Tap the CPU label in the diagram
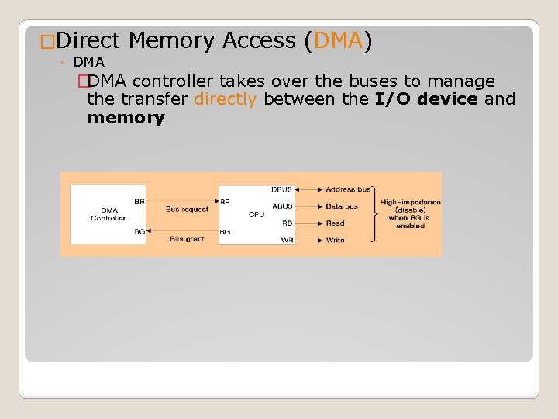(257, 214)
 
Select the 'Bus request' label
(187, 209)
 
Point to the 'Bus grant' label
(187, 239)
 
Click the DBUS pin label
(282, 189)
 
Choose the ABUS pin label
(282, 206)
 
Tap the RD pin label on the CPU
(287, 223)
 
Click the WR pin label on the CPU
(287, 241)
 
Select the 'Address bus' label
(348, 189)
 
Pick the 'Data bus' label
(342, 206)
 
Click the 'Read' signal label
(335, 223)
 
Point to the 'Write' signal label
(335, 241)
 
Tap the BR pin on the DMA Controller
(139, 202)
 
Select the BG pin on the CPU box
(225, 231)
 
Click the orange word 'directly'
(225, 99)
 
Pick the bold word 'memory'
(126, 118)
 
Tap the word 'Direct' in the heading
(88, 40)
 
